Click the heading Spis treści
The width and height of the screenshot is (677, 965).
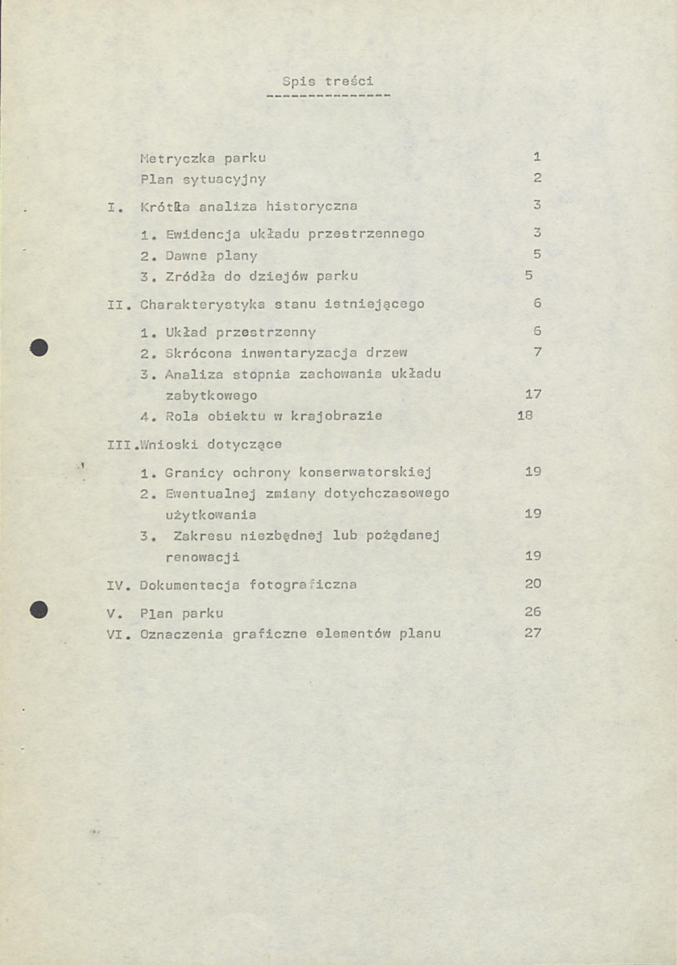point(328,81)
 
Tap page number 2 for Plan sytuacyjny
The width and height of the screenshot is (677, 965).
point(537,178)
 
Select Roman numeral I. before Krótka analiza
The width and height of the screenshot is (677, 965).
point(114,207)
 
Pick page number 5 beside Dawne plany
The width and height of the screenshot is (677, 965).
point(537,255)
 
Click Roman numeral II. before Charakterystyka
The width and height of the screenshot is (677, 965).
point(118,305)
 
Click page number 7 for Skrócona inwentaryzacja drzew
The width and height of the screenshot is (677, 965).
point(537,353)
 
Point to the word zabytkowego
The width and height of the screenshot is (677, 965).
point(211,395)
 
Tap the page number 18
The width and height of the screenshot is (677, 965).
point(524,416)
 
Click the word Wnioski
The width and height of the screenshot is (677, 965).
point(170,444)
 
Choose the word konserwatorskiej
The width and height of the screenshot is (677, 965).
point(365,472)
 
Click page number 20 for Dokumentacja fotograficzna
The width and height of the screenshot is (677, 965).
point(532,584)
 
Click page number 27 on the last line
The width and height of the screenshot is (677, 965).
point(532,633)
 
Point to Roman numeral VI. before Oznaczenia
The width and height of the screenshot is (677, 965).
point(118,633)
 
